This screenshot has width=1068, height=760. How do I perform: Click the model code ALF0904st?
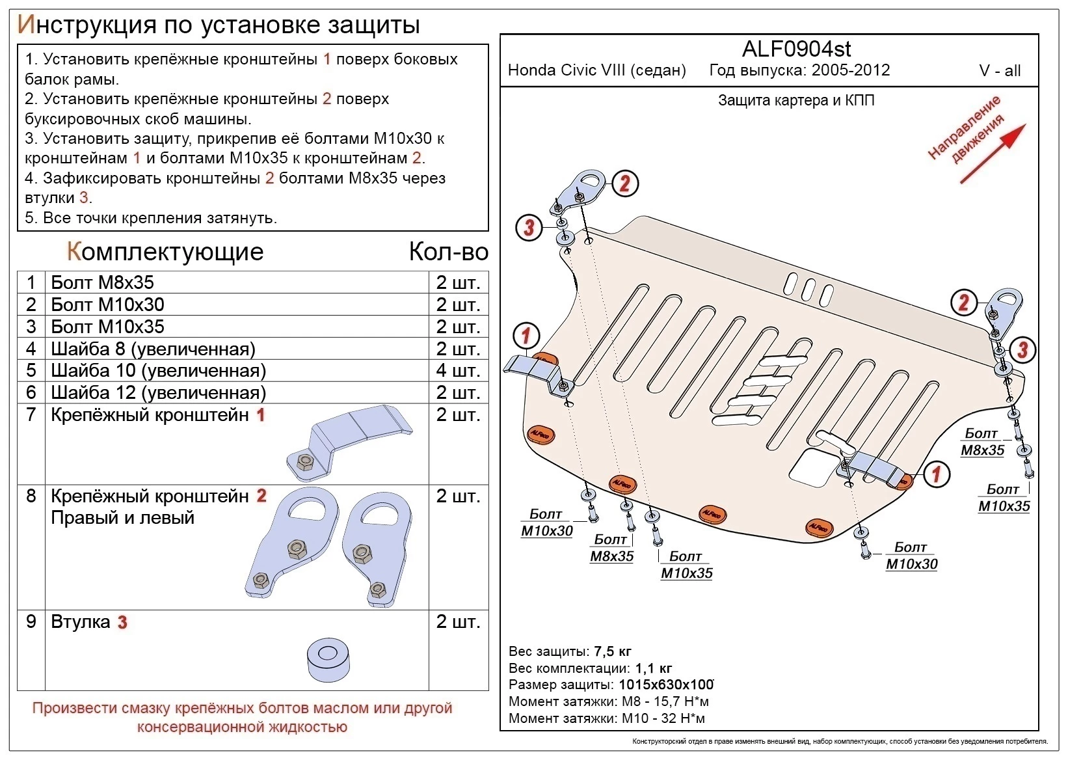coord(796,49)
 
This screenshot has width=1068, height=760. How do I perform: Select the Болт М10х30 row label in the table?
coord(107,305)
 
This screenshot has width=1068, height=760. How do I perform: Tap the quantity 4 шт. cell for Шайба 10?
coord(458,370)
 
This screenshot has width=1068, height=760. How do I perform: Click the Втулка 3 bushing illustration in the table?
coord(328,660)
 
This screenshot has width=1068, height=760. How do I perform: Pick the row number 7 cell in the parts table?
coord(31,414)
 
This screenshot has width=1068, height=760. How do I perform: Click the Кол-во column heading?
coord(448,252)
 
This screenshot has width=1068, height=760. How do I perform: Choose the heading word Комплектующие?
coord(165,252)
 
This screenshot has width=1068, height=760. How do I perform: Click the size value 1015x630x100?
coord(665,685)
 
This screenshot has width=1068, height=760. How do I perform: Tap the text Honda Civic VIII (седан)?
coord(596,70)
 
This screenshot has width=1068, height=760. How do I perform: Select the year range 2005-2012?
coord(850,70)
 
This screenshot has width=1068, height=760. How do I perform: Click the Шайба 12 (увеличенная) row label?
coord(158,392)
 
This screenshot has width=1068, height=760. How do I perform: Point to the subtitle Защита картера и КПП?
coord(796,100)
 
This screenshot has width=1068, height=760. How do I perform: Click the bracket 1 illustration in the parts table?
coord(349,441)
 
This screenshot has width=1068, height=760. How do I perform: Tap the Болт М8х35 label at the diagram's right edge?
coord(981,442)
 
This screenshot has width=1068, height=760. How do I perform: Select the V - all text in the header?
coord(1000,71)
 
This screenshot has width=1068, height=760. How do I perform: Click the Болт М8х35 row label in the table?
coord(102,282)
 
